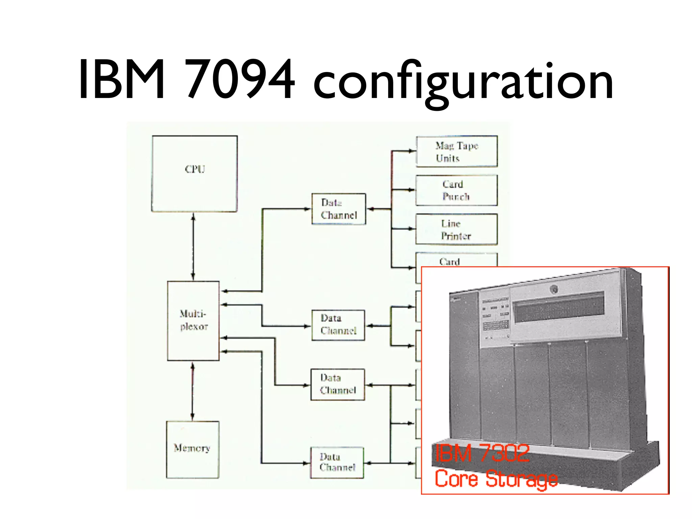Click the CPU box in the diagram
click(194, 174)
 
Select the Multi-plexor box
click(193, 321)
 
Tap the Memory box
click(192, 449)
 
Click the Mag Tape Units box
click(456, 151)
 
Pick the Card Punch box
click(456, 190)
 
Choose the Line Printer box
click(456, 229)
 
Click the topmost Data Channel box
click(339, 209)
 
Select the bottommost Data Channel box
click(337, 462)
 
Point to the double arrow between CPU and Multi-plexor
click(193, 247)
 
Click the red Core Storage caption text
click(496, 479)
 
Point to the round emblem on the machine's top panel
click(553, 289)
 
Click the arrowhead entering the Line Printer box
click(412, 229)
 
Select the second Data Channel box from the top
click(338, 325)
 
